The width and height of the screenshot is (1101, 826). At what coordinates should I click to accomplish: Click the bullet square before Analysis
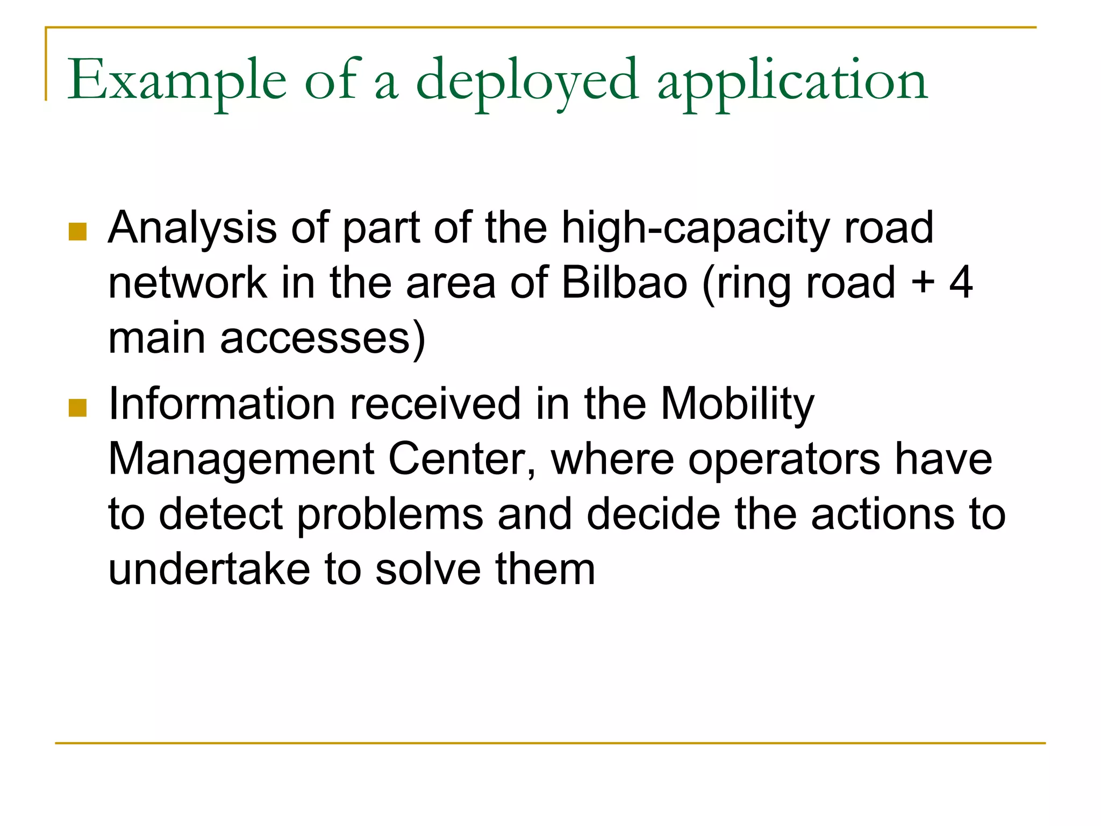(x=78, y=232)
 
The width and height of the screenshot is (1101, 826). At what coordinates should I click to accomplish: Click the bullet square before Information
(x=78, y=408)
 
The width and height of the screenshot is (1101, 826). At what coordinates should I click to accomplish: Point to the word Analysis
(x=192, y=229)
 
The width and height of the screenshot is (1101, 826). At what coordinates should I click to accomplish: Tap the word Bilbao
(x=624, y=283)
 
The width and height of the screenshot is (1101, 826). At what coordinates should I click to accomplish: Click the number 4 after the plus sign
(x=961, y=283)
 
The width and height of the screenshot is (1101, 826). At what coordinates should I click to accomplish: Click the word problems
(x=390, y=515)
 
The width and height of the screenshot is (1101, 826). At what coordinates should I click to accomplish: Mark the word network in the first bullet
(x=187, y=283)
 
